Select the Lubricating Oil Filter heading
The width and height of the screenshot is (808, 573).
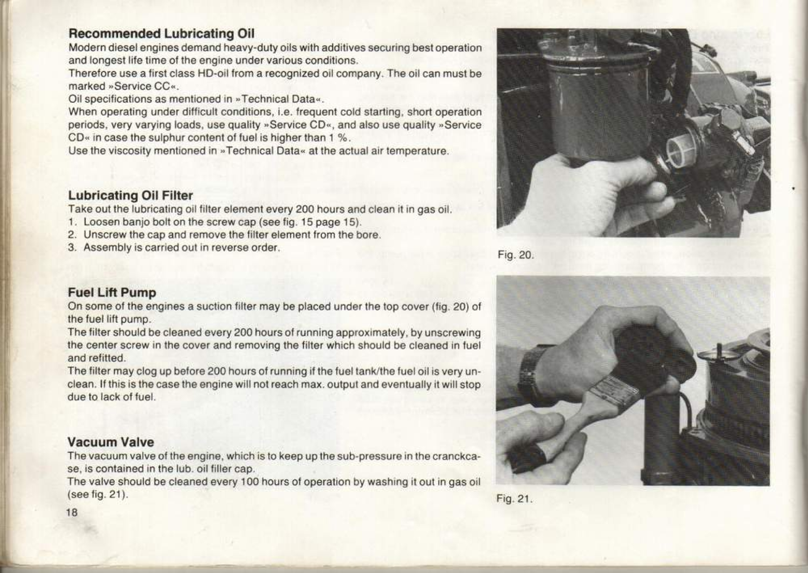click(x=130, y=195)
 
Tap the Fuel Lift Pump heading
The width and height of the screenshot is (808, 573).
click(x=112, y=293)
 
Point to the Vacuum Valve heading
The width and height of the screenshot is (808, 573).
click(x=111, y=442)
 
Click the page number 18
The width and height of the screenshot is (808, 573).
click(x=72, y=512)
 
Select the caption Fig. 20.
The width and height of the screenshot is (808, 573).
click(x=515, y=255)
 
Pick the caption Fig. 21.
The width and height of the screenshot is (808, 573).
click(x=514, y=499)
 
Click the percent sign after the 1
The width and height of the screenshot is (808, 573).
click(x=343, y=138)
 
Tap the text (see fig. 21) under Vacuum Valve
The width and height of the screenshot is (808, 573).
click(x=98, y=495)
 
